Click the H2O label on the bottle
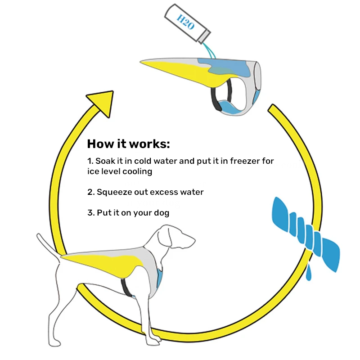pyautogui.click(x=185, y=22)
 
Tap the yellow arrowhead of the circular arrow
pyautogui.click(x=102, y=103)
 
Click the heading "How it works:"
pyautogui.click(x=128, y=144)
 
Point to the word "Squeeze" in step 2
pyautogui.click(x=114, y=193)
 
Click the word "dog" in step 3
pyautogui.click(x=162, y=213)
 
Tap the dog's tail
pyautogui.click(x=49, y=246)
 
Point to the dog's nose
pyautogui.click(x=193, y=240)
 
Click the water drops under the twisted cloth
pyautogui.click(x=309, y=272)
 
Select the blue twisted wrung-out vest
pyautogui.click(x=306, y=234)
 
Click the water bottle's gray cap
pyautogui.click(x=204, y=36)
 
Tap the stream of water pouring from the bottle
pyautogui.click(x=209, y=50)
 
